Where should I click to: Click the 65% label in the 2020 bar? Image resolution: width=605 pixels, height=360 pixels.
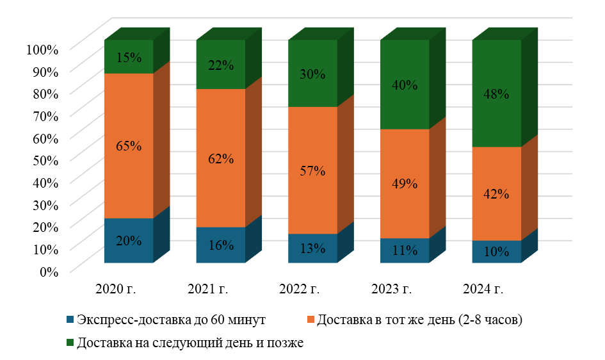click(x=129, y=146)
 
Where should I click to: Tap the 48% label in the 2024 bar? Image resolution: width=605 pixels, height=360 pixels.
click(x=496, y=94)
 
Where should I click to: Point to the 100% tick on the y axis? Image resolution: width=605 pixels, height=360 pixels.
click(x=42, y=49)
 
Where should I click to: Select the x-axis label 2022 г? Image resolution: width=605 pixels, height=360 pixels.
click(x=300, y=289)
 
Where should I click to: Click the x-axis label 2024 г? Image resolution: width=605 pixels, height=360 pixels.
click(x=483, y=289)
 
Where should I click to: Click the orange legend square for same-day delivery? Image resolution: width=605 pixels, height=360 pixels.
click(x=311, y=319)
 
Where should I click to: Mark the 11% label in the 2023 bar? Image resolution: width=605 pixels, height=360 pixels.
click(x=405, y=250)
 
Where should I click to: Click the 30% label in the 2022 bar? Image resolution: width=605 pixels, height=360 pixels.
click(x=312, y=74)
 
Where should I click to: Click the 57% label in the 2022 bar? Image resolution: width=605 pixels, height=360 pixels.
click(x=312, y=171)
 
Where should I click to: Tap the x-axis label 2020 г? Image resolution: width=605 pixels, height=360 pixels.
click(x=116, y=289)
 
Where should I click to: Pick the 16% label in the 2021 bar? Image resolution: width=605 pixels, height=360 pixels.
click(x=221, y=245)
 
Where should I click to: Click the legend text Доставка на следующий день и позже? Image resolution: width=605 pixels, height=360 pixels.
click(x=190, y=343)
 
